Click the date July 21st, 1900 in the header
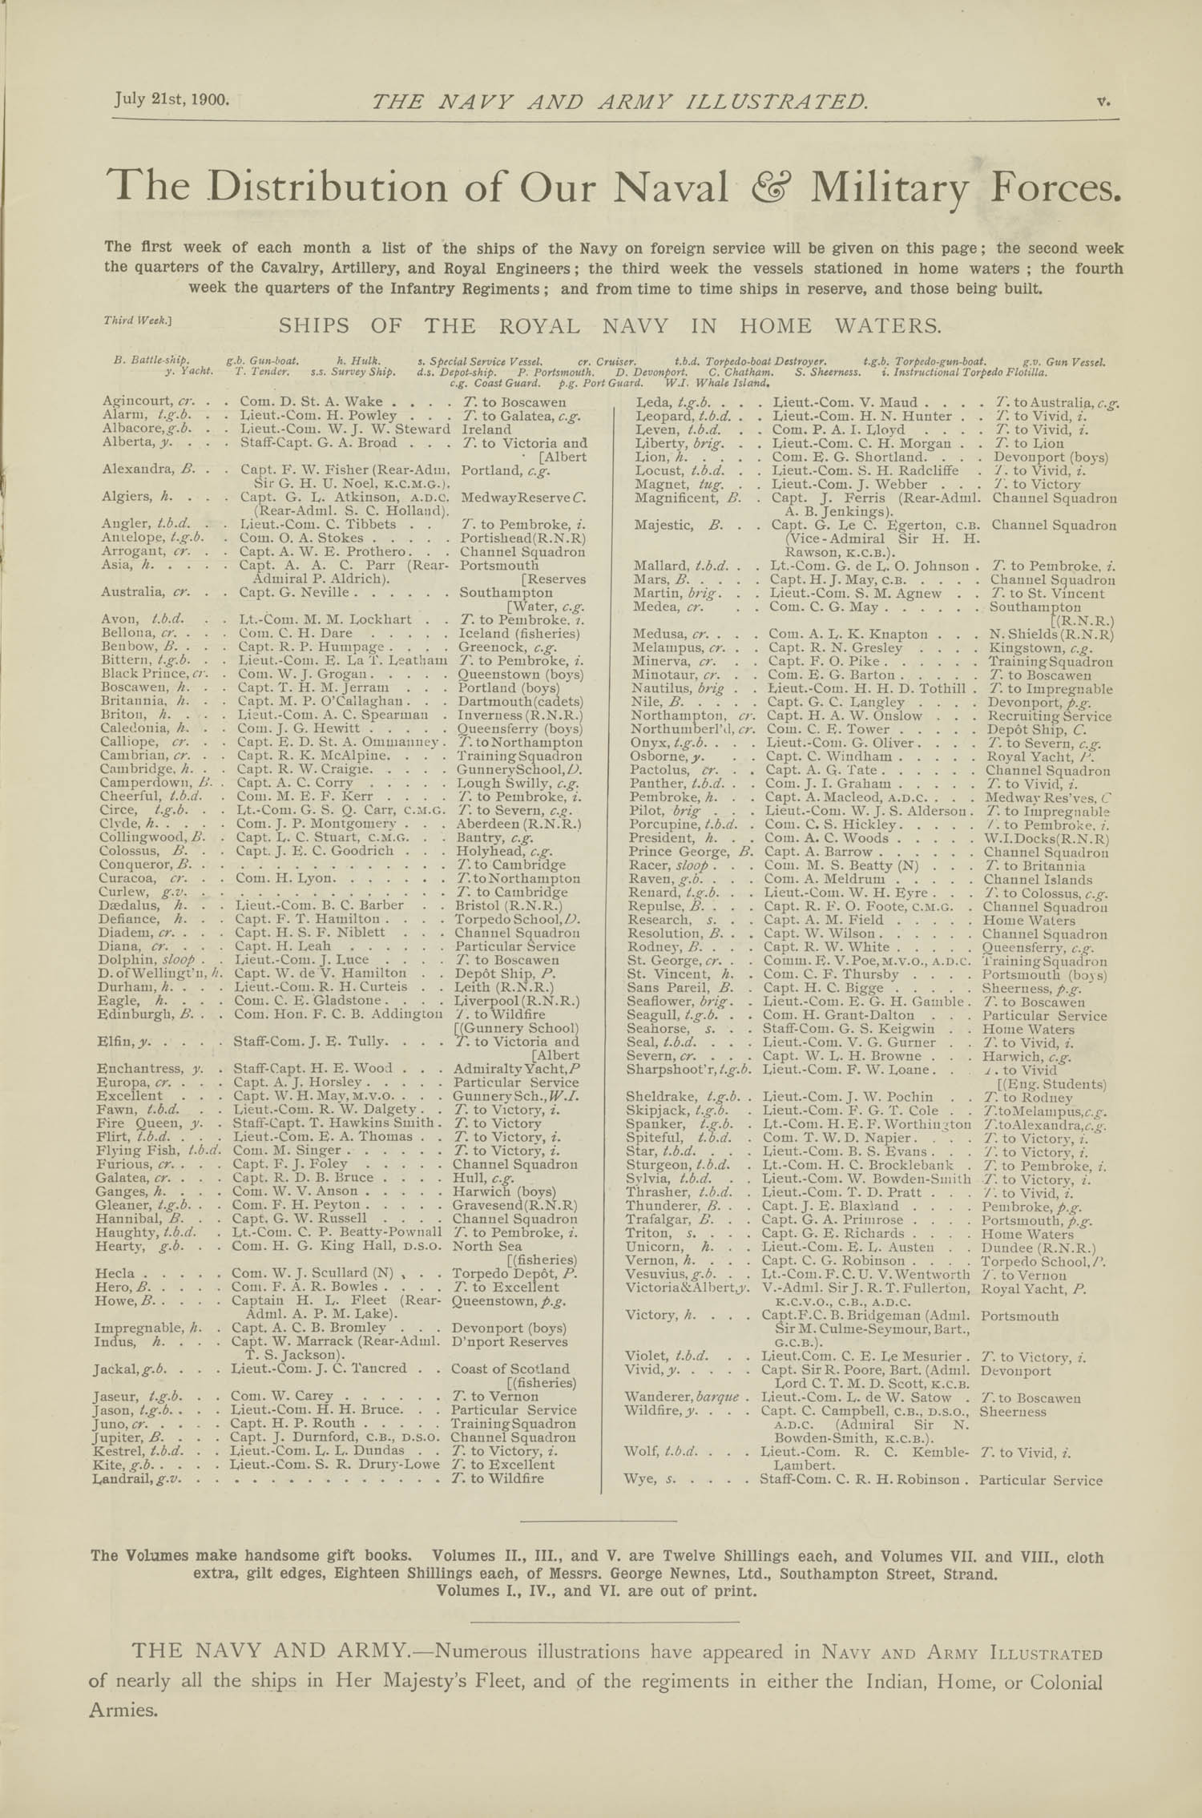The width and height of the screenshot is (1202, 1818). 172,99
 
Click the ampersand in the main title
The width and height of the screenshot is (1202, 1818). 768,187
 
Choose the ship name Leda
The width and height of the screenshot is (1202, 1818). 651,402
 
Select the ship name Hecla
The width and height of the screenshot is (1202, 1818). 113,1273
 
